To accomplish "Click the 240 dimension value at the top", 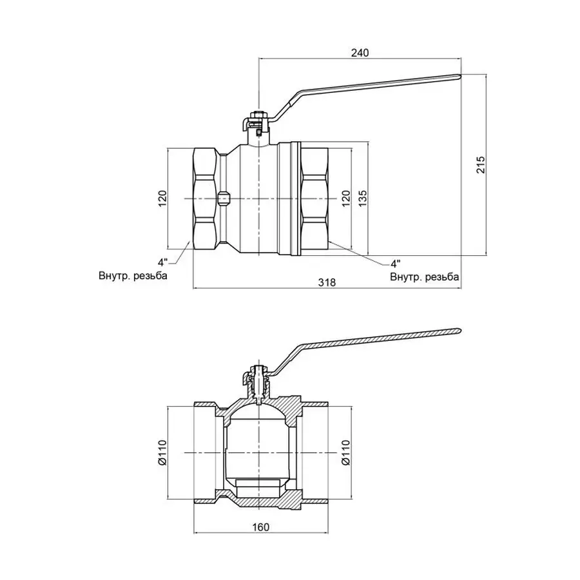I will pos(360,53).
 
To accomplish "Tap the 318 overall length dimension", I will pos(327,282).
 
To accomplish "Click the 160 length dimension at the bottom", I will pos(260,527).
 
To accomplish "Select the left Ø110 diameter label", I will pos(162,453).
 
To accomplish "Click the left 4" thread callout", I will pos(162,262).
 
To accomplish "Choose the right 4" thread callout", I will pos(395,264).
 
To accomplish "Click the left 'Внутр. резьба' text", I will pos(133,276).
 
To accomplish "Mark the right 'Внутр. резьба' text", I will pos(424,277).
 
